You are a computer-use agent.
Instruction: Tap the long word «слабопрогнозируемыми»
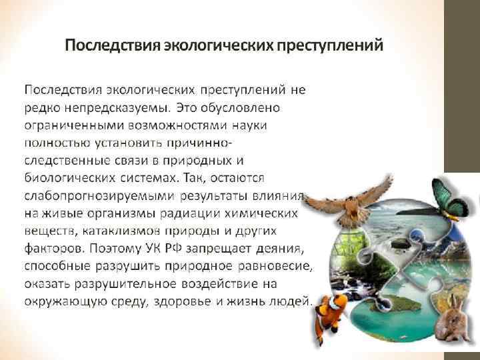(x=99, y=196)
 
